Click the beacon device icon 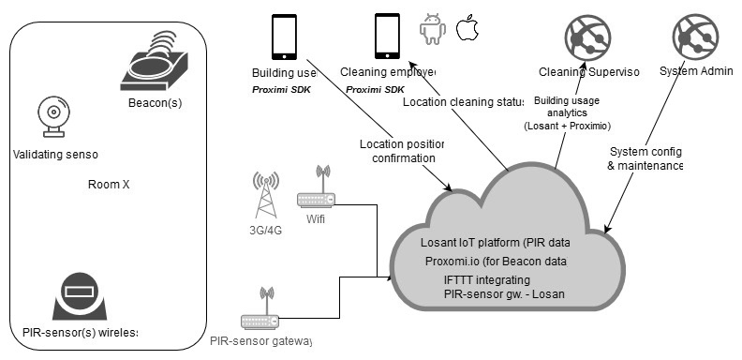coord(155,63)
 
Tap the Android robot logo coord(432,30)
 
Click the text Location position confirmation coord(401,151)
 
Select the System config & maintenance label coord(645,158)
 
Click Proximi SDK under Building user coord(283,90)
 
